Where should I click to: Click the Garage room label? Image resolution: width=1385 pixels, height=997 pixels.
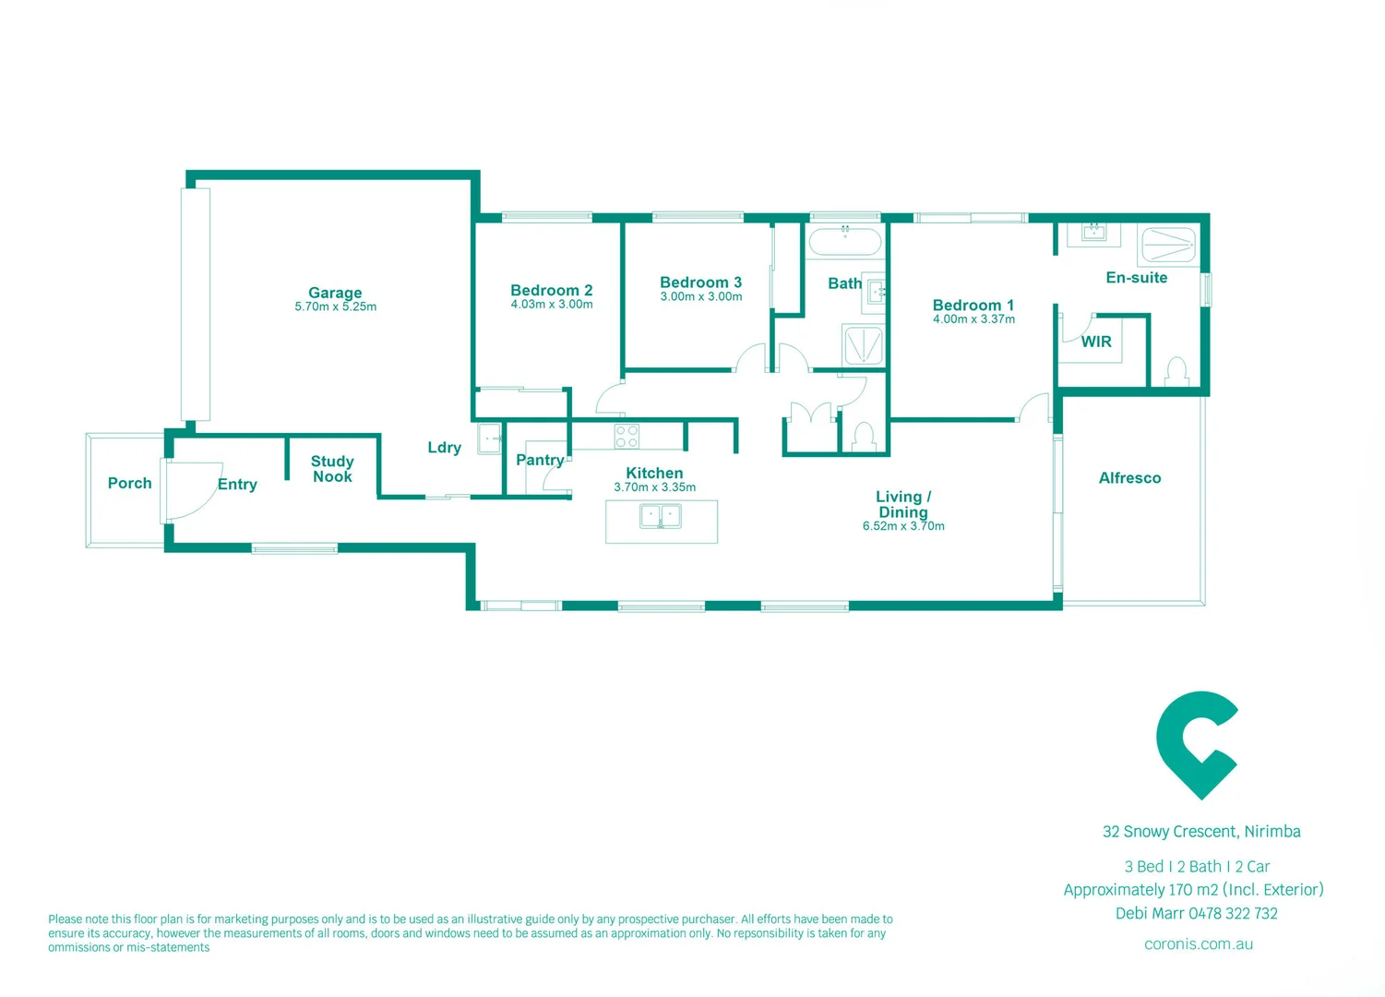tap(335, 293)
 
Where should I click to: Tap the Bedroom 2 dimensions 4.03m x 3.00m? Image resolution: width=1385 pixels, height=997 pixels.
tap(552, 305)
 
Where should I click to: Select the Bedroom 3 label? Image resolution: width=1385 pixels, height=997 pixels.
tap(700, 282)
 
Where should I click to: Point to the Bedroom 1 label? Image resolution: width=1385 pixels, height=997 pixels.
tap(973, 305)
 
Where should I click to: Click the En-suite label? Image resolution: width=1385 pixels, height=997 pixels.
tap(1136, 278)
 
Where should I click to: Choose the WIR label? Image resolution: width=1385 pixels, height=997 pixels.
tap(1096, 342)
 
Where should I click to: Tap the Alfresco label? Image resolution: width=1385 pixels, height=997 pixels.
tap(1129, 478)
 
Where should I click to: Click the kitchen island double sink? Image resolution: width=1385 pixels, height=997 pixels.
tap(661, 516)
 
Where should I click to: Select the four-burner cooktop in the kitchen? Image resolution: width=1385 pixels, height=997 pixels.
tap(627, 436)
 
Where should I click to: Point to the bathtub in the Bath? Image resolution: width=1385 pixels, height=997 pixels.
tap(844, 242)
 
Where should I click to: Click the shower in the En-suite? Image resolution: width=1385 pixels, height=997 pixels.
tap(1168, 246)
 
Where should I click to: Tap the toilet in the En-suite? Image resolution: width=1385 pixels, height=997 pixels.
tap(1176, 372)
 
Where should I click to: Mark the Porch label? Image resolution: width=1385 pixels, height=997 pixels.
tap(129, 483)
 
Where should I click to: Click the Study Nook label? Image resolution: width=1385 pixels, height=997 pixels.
tap(332, 469)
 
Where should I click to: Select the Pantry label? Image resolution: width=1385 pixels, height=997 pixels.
tap(540, 460)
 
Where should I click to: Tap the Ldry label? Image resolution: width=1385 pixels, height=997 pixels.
tap(444, 448)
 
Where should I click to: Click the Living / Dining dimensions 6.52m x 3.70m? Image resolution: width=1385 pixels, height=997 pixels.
tap(903, 526)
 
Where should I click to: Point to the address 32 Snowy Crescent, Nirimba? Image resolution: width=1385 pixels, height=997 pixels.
tap(1201, 832)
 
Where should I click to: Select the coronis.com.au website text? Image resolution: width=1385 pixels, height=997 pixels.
tap(1198, 943)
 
